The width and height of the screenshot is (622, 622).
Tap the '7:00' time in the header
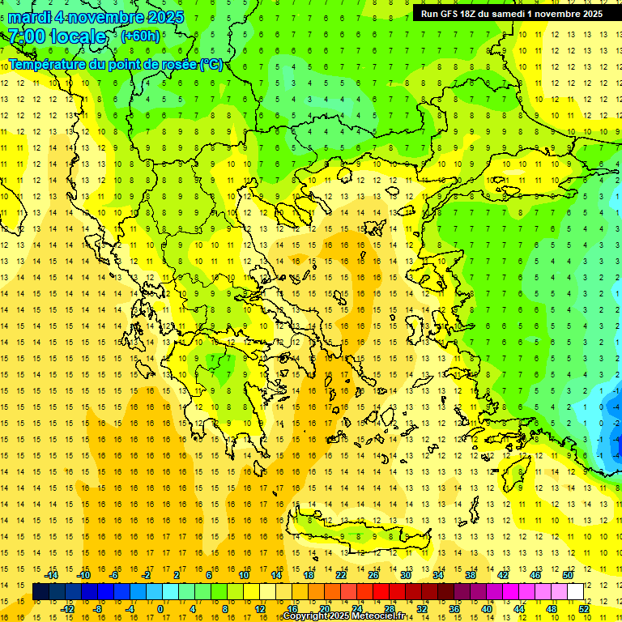coord(27,36)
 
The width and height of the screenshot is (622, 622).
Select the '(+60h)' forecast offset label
coord(140,36)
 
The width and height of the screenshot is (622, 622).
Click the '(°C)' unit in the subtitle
coord(211,64)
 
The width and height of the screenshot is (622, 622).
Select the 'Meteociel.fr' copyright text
coord(378,616)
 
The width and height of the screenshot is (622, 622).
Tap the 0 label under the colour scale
coord(160,609)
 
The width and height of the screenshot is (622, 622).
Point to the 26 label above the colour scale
coord(373,575)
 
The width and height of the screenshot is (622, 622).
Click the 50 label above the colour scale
coord(568,575)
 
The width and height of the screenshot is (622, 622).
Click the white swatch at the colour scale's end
coord(576,592)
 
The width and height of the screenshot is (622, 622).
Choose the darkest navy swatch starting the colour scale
coord(40,592)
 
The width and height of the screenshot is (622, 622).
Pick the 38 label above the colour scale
coord(471,575)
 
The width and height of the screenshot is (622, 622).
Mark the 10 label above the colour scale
coord(244,575)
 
